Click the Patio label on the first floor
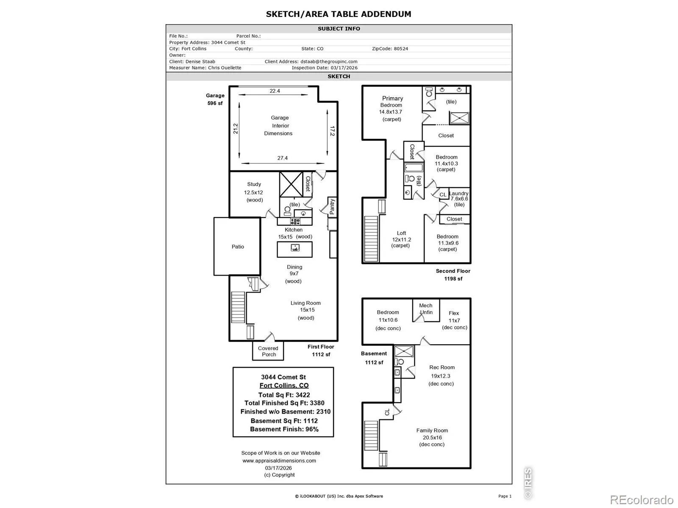tap(238, 246)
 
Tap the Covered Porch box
tap(268, 351)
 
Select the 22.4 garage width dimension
tap(275, 91)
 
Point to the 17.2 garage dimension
tap(332, 131)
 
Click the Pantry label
tap(332, 206)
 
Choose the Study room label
tap(254, 184)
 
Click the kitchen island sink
tap(295, 247)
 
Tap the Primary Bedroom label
tap(392, 102)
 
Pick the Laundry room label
tap(458, 193)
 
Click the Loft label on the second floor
tap(401, 233)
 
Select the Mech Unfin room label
tap(425, 309)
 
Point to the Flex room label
tap(454, 313)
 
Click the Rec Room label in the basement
tap(442, 367)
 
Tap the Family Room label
tap(432, 430)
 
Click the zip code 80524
tap(400, 49)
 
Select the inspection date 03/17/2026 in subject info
tap(344, 68)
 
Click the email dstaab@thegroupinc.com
tap(329, 61)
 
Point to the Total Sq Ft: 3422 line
tap(284, 395)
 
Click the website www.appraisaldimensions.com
tap(279, 461)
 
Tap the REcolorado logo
tap(642, 500)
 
